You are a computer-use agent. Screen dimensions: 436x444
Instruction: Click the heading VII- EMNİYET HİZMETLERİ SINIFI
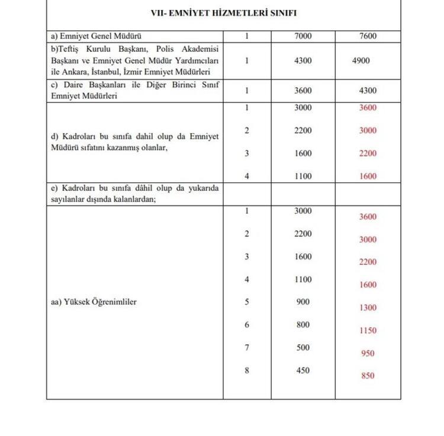point(224,12)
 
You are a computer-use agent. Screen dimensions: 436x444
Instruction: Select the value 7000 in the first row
point(303,37)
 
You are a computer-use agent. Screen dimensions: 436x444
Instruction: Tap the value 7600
point(367,37)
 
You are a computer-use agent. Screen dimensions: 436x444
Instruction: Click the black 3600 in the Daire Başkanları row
point(303,91)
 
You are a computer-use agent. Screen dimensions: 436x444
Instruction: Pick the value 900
point(303,302)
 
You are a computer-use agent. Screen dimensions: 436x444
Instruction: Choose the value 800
point(303,325)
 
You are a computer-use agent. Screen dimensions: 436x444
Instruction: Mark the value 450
point(303,371)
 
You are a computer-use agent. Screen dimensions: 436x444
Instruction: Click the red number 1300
point(367,307)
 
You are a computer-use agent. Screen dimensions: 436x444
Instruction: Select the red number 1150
point(367,331)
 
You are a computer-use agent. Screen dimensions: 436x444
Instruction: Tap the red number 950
point(367,353)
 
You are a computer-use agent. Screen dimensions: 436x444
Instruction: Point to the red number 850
point(367,376)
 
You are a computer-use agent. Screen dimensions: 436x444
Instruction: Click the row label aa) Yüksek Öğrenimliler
point(94,302)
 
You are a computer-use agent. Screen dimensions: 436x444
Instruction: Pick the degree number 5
point(247,302)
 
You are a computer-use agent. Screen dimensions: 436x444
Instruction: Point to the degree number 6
point(247,325)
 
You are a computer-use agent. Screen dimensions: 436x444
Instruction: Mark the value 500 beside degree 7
point(303,348)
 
